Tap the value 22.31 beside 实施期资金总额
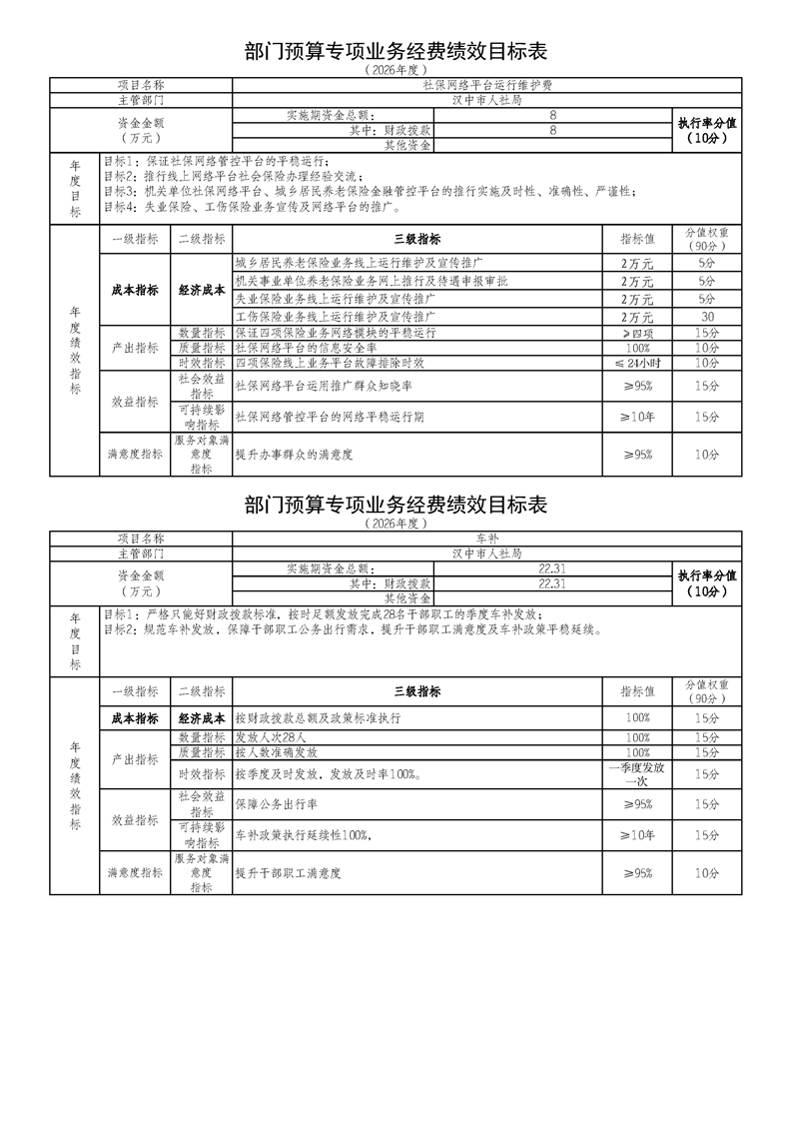tap(551, 568)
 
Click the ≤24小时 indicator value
tap(637, 363)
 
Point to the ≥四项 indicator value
tap(637, 332)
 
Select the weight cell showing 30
tap(707, 315)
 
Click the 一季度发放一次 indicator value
tap(637, 773)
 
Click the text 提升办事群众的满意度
tap(296, 455)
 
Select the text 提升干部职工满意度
tap(289, 873)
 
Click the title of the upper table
tap(396, 51)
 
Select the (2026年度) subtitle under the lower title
tap(396, 523)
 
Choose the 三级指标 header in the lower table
tap(416, 691)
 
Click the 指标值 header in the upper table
tap(637, 240)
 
